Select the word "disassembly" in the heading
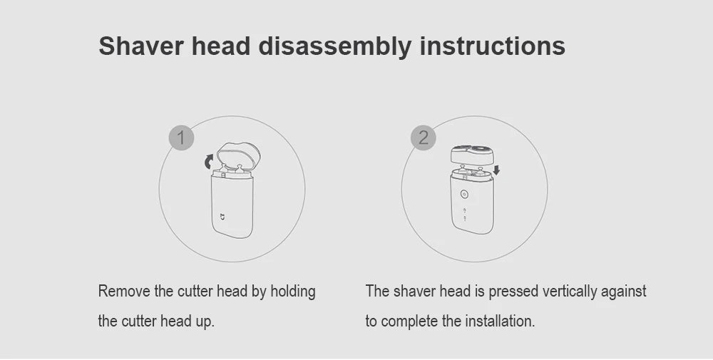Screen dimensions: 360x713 [x=334, y=47]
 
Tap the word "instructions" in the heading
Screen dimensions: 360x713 [x=492, y=46]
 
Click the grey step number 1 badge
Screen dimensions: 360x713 [x=181, y=138]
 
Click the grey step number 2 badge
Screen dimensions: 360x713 [x=424, y=138]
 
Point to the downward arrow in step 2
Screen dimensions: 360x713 [x=496, y=170]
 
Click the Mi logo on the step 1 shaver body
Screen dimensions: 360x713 [x=222, y=216]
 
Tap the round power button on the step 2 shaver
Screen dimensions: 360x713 [x=464, y=194]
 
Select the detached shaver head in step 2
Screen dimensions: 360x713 [x=471, y=153]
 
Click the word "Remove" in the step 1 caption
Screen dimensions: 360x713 [x=124, y=292]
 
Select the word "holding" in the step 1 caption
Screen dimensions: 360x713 [x=292, y=292]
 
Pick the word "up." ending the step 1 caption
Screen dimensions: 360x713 [x=204, y=322]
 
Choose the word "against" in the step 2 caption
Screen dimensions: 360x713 [x=625, y=292]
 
